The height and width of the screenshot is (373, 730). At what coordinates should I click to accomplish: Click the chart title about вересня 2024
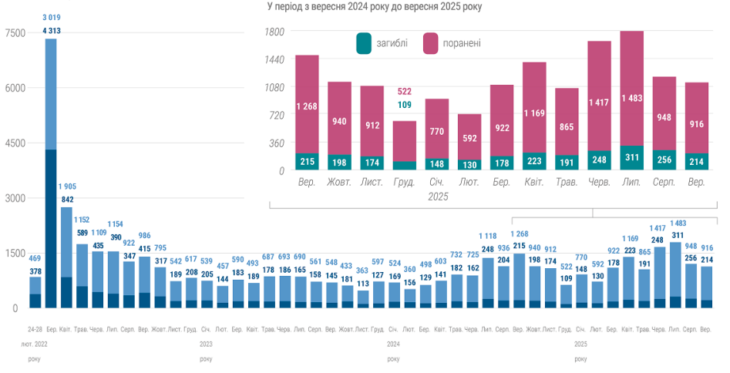[x=374, y=6]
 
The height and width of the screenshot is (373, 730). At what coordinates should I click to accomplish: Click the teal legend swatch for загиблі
[x=364, y=43]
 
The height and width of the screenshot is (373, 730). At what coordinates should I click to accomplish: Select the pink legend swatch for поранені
[x=431, y=43]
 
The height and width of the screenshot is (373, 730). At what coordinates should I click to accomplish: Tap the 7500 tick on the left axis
[x=15, y=32]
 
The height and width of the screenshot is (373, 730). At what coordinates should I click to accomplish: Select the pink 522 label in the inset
[x=404, y=92]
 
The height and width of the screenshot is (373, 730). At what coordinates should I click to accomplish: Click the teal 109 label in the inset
[x=404, y=105]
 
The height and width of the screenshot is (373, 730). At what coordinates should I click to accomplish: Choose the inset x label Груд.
[x=404, y=183]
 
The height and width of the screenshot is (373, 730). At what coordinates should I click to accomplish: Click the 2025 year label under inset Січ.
[x=437, y=197]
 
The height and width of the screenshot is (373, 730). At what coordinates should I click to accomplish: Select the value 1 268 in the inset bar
[x=307, y=106]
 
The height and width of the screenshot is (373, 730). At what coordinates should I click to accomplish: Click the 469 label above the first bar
[x=35, y=257]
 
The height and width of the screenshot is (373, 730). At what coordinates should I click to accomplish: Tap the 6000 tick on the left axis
[x=15, y=88]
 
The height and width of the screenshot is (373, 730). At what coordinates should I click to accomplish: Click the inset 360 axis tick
[x=276, y=143]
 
